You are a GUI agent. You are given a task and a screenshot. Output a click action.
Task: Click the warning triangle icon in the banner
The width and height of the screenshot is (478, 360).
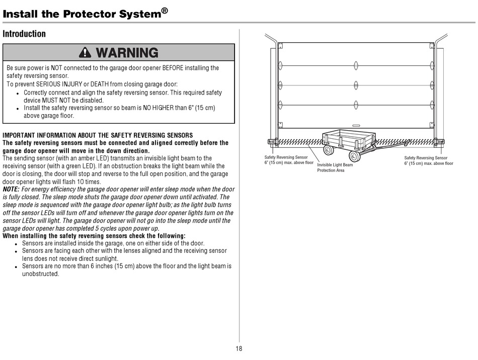(85, 52)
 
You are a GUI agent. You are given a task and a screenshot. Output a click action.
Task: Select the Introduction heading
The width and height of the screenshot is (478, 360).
(24, 34)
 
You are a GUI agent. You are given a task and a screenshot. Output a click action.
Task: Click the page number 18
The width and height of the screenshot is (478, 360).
(239, 348)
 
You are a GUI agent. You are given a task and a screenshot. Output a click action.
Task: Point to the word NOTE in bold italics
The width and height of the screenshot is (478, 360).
(12, 190)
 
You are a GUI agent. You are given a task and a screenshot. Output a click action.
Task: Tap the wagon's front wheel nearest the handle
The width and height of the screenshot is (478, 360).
(355, 156)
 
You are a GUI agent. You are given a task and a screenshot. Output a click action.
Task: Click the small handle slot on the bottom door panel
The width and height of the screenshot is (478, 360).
(356, 126)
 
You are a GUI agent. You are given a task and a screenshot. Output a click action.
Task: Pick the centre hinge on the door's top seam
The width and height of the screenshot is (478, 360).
(356, 65)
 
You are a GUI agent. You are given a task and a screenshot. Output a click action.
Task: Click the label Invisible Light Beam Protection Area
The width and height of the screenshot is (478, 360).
(335, 167)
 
